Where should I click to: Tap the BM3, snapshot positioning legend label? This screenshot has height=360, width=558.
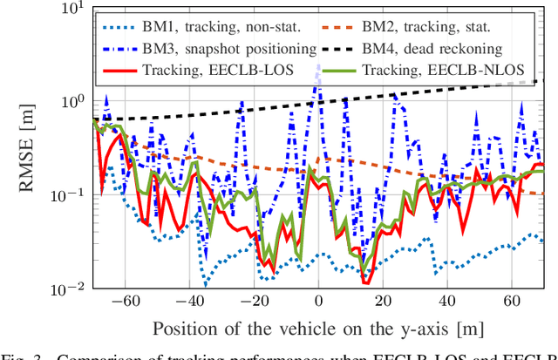coord(223,48)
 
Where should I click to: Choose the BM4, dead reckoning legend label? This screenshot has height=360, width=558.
coord(456,48)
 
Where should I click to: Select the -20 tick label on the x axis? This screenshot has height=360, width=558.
coord(254,302)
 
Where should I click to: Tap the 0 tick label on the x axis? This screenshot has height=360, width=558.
coord(318,302)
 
